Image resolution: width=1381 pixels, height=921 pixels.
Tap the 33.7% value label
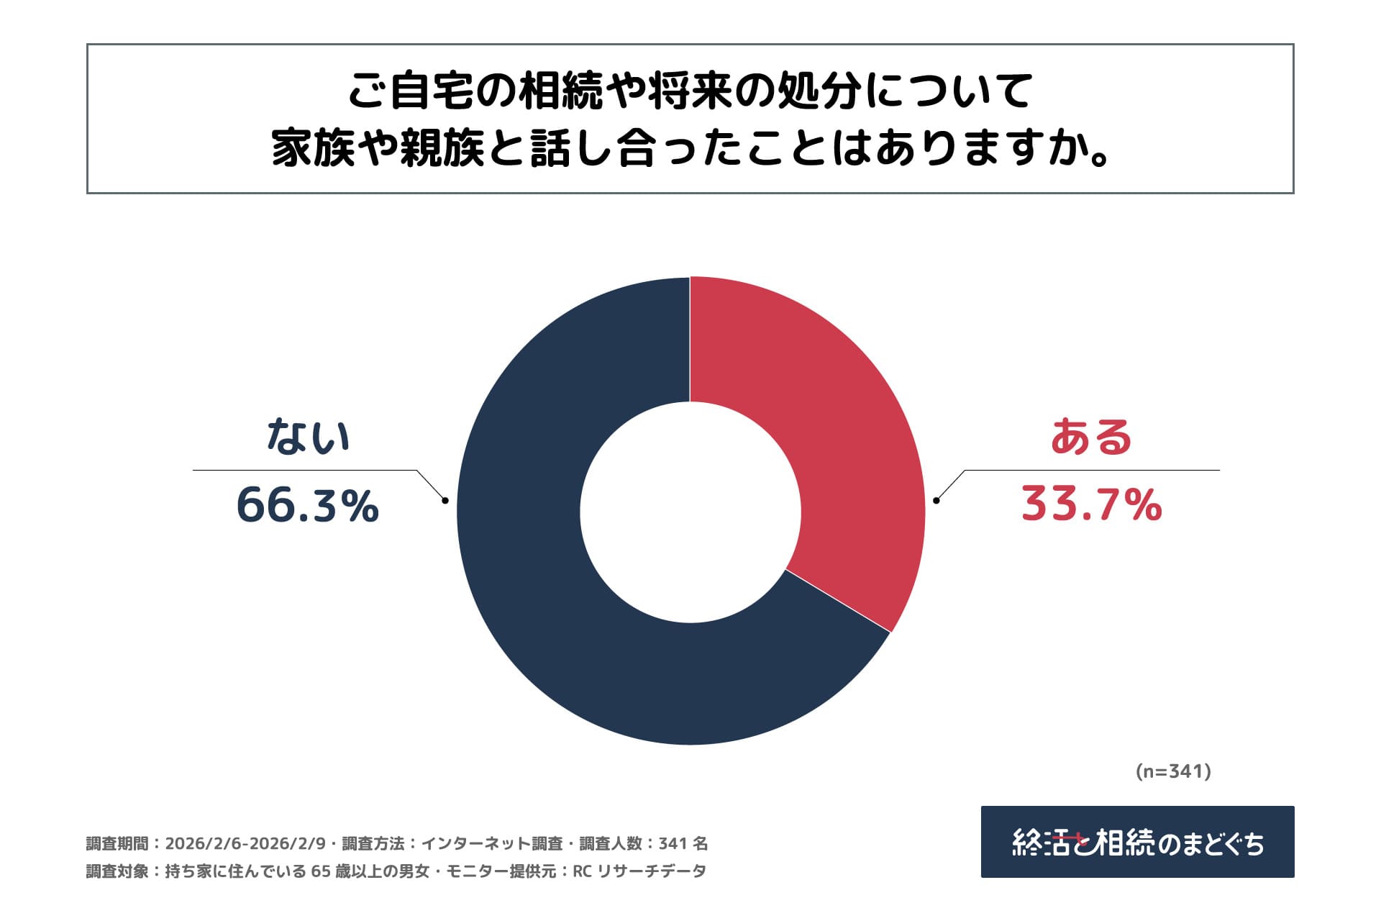pos(1091,504)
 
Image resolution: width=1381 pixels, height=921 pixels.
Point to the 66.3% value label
pos(307,505)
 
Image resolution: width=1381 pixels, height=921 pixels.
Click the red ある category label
pos(1091,437)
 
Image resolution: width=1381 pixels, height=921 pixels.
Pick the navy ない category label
pos(308,437)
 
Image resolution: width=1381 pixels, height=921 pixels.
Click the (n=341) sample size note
pos(1173,771)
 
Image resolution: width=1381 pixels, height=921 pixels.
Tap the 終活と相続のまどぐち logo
pos(1137,842)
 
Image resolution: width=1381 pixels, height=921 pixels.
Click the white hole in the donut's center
pos(690,511)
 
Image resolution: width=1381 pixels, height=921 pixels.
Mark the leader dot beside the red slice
pos(936,501)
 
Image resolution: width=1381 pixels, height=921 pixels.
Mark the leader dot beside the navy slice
pos(445,501)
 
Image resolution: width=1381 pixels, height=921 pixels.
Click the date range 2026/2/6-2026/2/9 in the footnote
pos(245,843)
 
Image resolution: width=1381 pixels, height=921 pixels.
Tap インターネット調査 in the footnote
pos(491,843)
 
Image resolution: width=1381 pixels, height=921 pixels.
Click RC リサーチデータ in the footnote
pos(639,871)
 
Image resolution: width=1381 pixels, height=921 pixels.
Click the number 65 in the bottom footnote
pos(321,871)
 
